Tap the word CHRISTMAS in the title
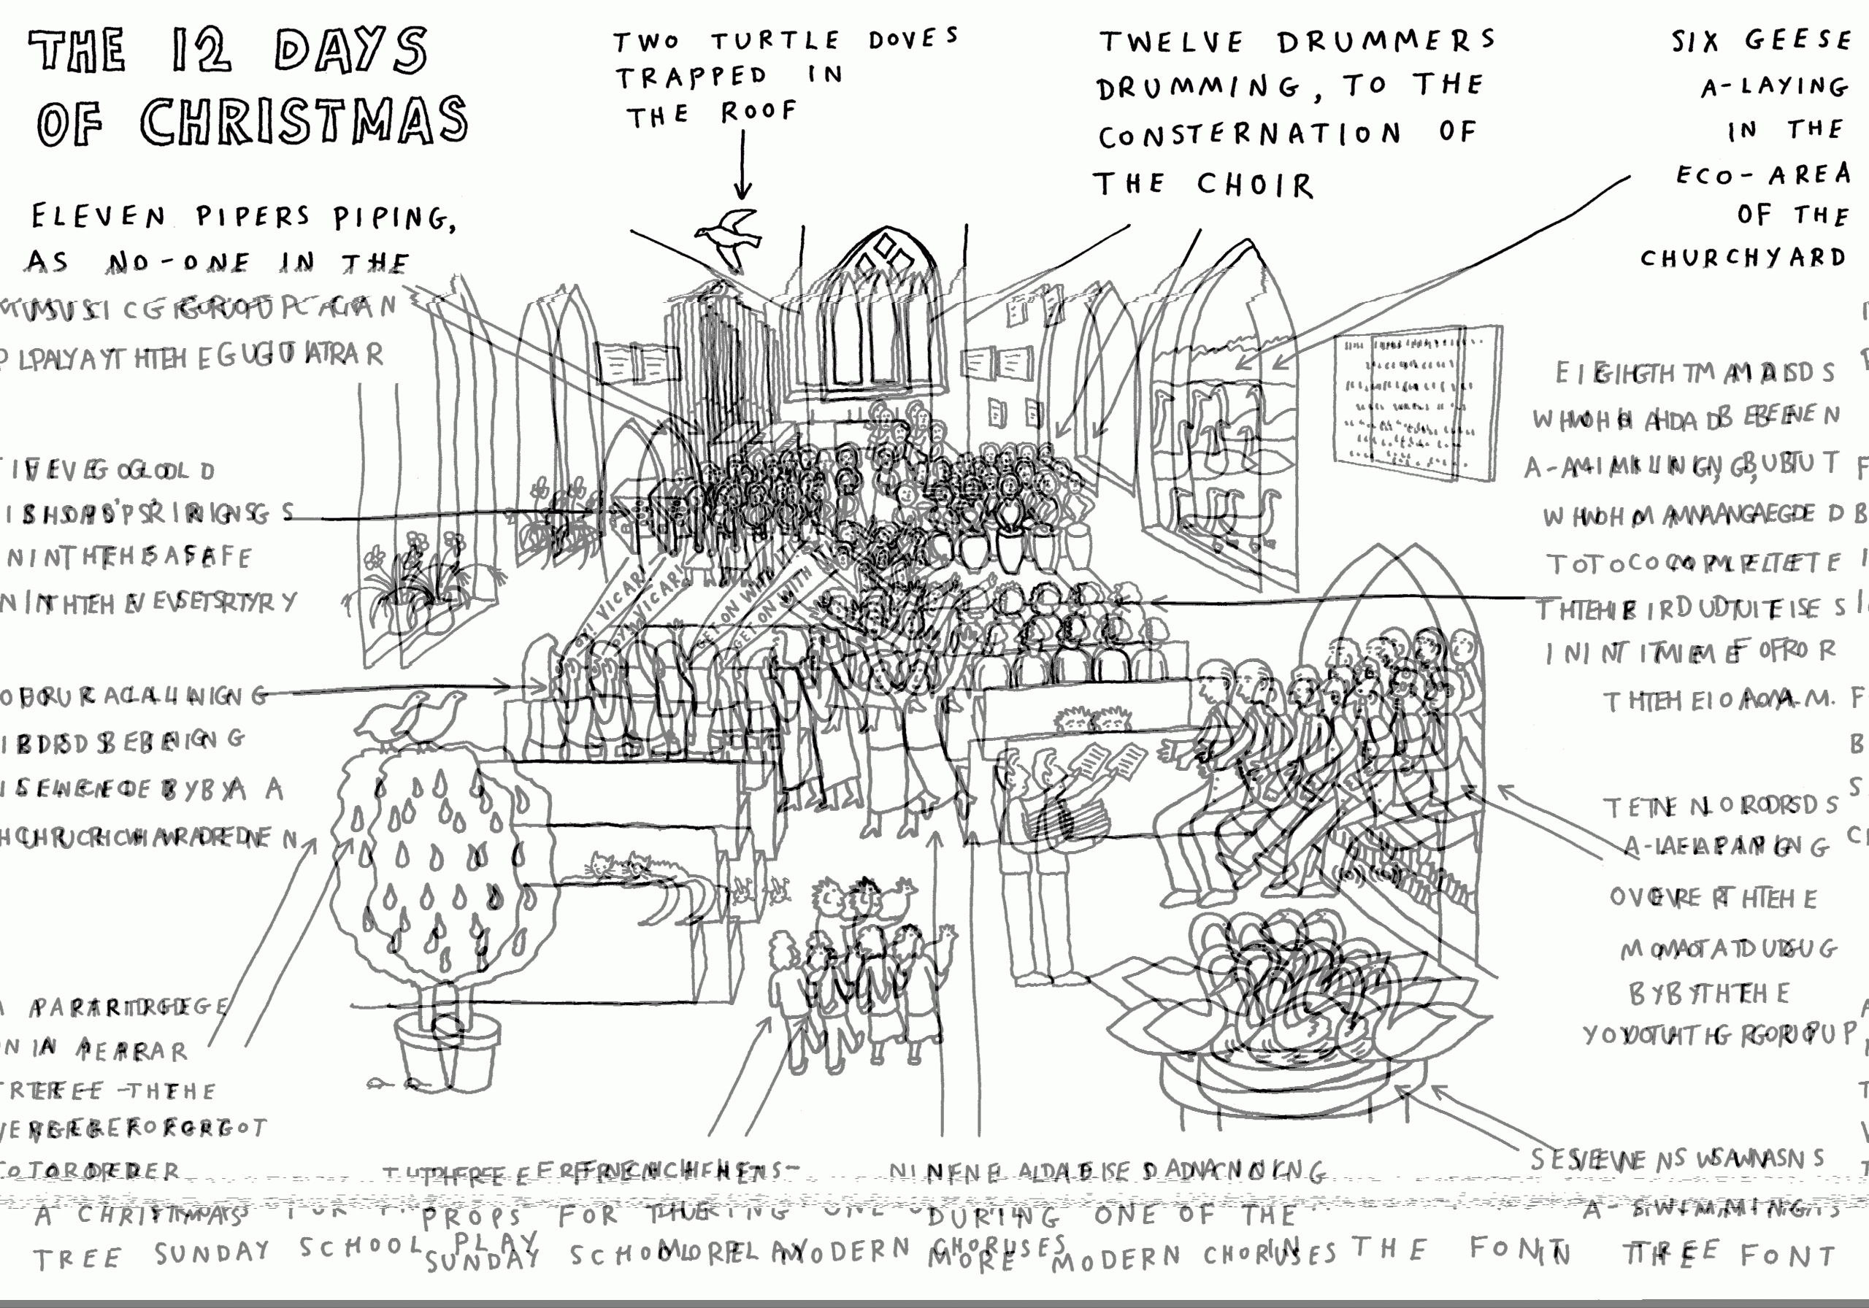[304, 122]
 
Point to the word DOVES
[913, 37]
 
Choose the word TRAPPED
[691, 77]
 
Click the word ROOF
[759, 111]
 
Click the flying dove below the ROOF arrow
[729, 236]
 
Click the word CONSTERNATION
[1249, 135]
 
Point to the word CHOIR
[1254, 185]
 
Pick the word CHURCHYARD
[1742, 258]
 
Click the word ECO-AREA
[1763, 174]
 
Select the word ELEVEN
[99, 217]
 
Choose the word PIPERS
[253, 216]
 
